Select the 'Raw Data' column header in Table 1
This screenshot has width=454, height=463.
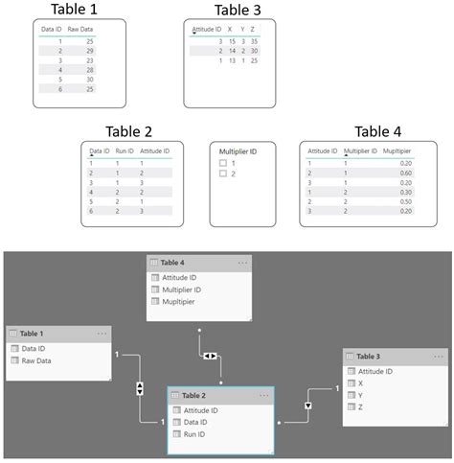point(80,30)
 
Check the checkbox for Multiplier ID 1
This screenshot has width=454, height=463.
point(223,163)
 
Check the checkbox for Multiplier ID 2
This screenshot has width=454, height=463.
point(223,174)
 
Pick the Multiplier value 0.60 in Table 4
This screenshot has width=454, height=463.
point(407,173)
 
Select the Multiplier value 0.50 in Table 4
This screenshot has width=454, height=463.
point(407,201)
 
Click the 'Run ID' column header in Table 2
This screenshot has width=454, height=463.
point(125,151)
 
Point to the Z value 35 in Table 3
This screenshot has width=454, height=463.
point(253,41)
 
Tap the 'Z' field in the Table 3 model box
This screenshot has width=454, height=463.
point(360,406)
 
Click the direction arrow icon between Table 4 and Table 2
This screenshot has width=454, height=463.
point(210,356)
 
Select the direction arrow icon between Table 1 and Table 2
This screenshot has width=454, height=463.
point(141,388)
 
